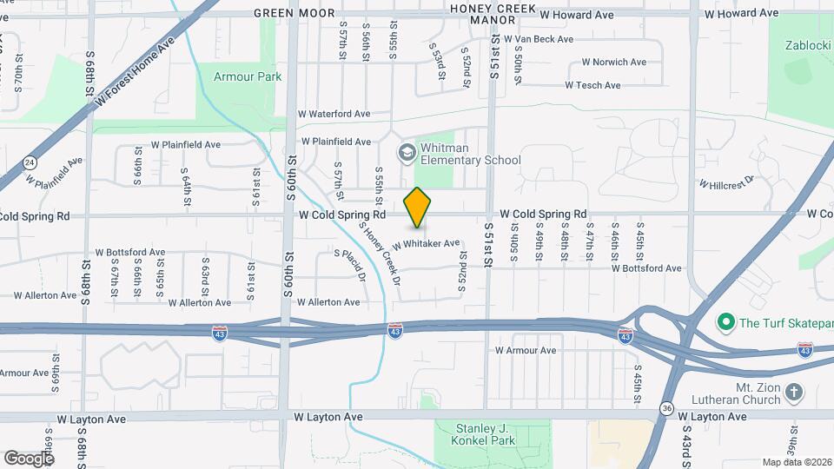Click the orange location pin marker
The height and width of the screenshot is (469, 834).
(418, 208)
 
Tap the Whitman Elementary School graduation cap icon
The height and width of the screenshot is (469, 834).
(406, 154)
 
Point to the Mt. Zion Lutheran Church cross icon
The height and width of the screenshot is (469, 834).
(793, 392)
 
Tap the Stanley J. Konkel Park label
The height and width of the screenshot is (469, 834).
(493, 433)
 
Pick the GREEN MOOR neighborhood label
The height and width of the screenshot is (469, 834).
(292, 13)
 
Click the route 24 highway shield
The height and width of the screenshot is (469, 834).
(30, 162)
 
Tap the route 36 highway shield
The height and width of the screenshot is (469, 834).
(666, 408)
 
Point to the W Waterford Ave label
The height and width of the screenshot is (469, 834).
(334, 114)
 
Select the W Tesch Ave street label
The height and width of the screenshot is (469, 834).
(592, 85)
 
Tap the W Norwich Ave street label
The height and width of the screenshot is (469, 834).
(613, 62)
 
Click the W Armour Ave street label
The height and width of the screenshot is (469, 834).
(525, 351)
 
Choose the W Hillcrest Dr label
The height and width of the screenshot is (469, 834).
(727, 183)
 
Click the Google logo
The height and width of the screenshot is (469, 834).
(29, 458)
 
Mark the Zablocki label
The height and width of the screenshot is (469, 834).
(808, 45)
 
